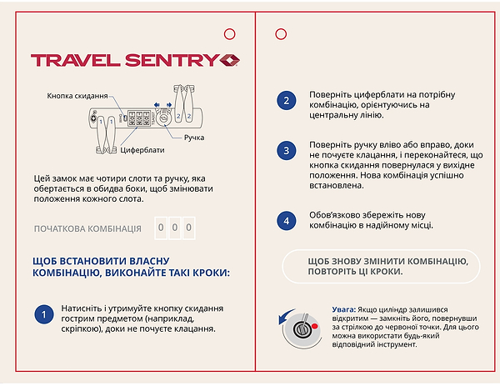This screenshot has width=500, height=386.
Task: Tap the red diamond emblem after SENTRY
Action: tap(230, 60)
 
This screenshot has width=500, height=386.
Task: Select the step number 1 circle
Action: tap(43, 315)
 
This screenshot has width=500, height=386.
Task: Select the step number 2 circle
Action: tap(286, 101)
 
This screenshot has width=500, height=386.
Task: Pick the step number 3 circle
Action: tap(286, 151)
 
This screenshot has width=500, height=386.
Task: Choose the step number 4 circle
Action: tap(286, 220)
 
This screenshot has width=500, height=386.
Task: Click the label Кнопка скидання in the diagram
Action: tap(77, 96)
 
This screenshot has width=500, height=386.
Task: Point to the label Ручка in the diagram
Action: tap(194, 137)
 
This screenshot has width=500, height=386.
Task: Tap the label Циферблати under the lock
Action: tap(142, 151)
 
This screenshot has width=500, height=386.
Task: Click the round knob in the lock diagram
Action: tap(163, 118)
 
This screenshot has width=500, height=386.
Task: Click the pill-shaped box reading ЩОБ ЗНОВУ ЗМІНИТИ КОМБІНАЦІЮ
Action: tap(382, 266)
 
